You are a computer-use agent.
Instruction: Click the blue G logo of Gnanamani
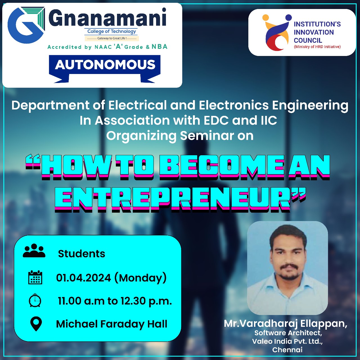[26, 25]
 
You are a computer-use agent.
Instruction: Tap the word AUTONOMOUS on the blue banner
[105, 65]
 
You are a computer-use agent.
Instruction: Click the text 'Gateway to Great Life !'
[112, 38]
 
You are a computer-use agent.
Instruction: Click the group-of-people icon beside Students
[34, 251]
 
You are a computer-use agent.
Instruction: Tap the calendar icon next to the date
[35, 277]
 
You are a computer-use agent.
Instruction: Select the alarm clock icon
[35, 300]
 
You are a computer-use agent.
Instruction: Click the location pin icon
[36, 324]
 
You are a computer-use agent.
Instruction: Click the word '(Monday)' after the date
[140, 278]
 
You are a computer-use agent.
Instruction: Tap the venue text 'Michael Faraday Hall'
[112, 324]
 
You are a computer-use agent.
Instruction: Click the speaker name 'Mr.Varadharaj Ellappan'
[285, 324]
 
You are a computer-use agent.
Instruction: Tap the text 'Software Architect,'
[288, 333]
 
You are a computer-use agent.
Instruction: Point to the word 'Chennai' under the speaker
[287, 350]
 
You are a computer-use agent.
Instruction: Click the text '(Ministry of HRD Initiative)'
[317, 47]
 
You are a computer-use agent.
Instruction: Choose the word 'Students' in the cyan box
[82, 254]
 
